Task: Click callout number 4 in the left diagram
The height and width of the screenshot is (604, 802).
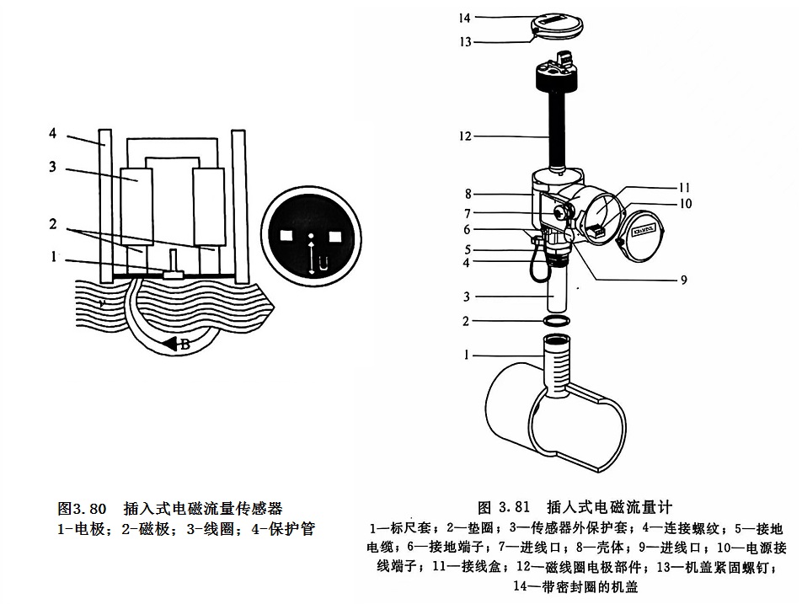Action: click(x=52, y=133)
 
